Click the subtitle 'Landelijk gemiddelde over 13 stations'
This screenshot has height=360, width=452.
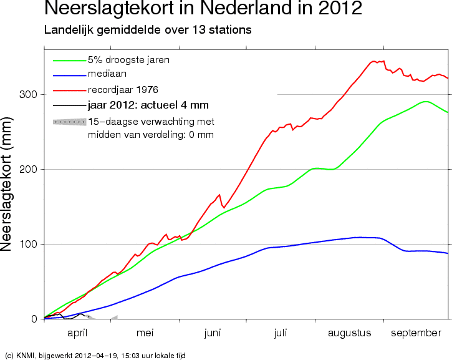click(147, 30)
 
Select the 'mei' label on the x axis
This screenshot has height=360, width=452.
click(145, 333)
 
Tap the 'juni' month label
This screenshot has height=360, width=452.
click(213, 333)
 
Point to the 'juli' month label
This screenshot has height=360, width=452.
click(281, 333)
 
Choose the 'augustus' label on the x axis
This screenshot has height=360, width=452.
click(350, 333)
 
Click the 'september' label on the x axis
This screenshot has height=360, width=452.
click(416, 333)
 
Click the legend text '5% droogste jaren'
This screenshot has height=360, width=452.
click(128, 60)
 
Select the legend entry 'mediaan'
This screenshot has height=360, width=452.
click(105, 75)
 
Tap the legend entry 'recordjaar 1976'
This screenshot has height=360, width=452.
click(123, 90)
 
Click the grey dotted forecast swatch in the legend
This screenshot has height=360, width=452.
click(69, 121)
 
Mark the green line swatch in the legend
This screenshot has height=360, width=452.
click(69, 61)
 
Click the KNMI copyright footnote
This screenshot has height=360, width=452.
click(95, 355)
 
